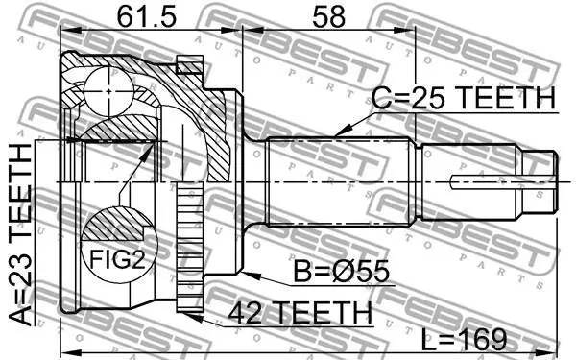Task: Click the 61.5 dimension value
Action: (147, 17)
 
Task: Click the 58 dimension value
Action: (328, 17)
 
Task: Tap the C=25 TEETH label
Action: (464, 98)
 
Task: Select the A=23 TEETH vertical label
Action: (20, 235)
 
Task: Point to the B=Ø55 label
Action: (341, 272)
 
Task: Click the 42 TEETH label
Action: (300, 313)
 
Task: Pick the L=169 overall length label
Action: (464, 339)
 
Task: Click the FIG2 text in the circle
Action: (117, 259)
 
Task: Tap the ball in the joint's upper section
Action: (108, 91)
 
